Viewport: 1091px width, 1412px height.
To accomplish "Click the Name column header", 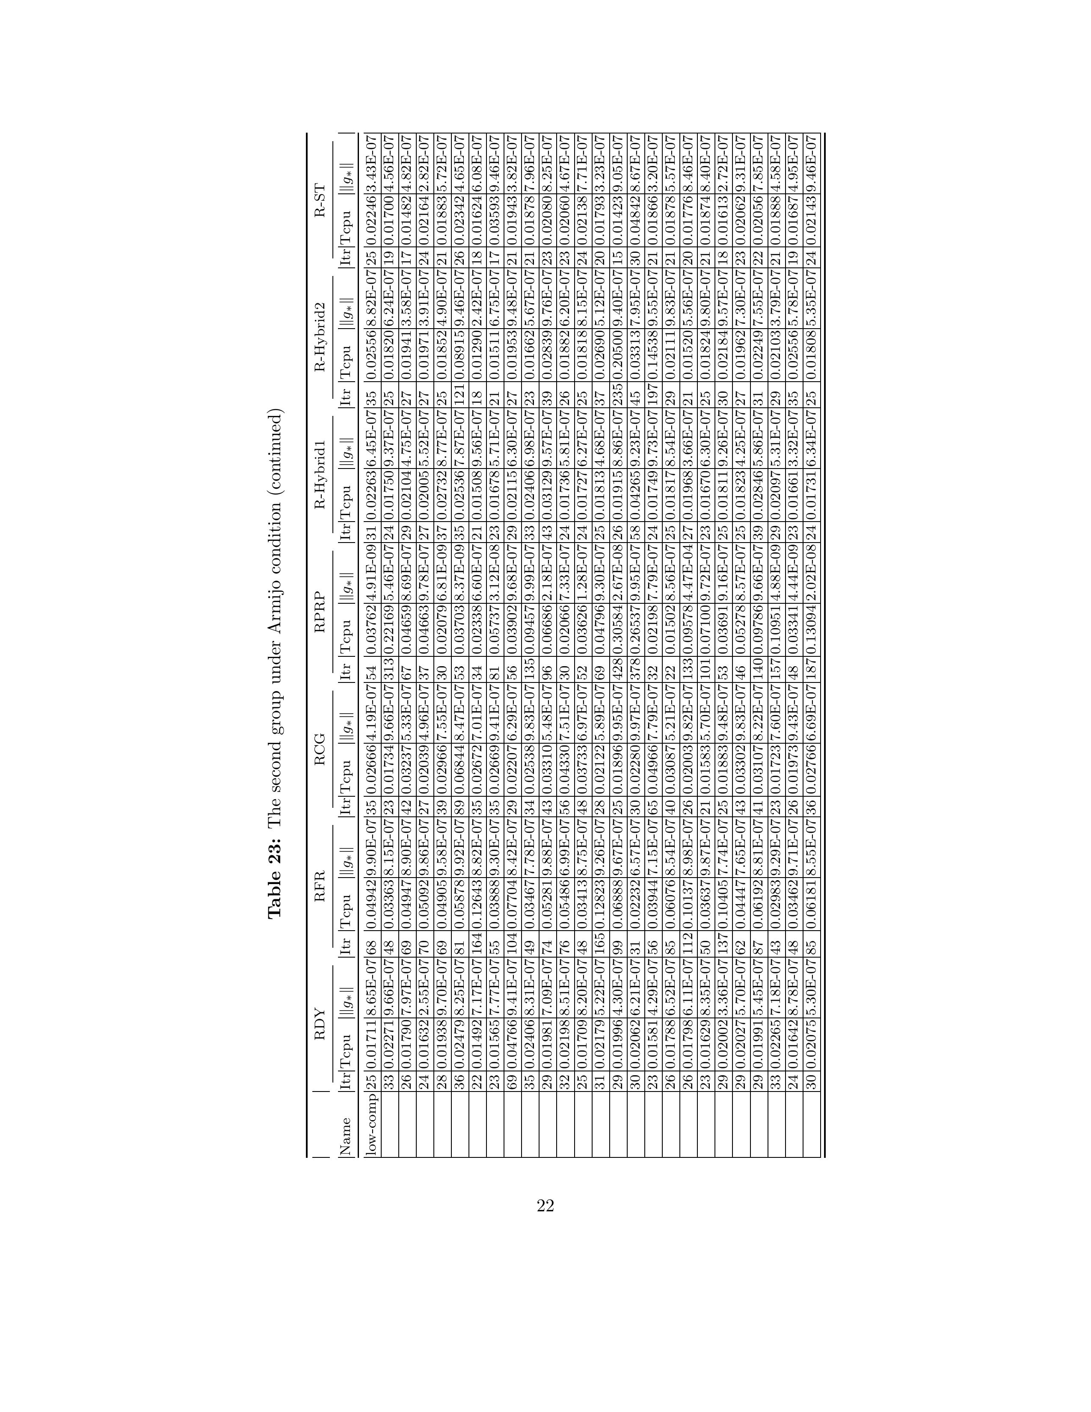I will (345, 1136).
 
